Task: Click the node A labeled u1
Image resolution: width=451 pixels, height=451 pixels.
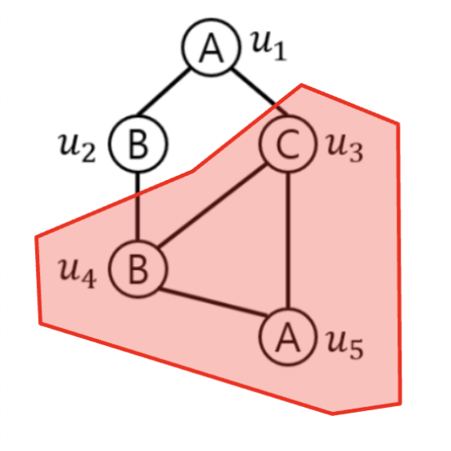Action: click(x=211, y=47)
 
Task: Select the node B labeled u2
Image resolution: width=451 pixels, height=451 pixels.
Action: click(x=138, y=143)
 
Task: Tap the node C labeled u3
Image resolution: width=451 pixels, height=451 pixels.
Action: click(x=288, y=143)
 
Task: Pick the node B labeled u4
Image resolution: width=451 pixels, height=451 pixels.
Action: click(x=138, y=269)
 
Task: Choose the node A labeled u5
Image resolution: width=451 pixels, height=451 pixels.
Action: click(x=288, y=336)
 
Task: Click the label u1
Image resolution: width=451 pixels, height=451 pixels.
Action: click(x=269, y=46)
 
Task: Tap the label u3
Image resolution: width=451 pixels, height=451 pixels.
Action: click(x=344, y=147)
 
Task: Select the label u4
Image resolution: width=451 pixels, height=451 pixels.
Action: click(x=77, y=273)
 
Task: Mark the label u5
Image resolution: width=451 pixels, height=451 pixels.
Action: click(x=345, y=344)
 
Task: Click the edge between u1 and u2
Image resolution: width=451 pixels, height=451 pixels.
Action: click(x=163, y=92)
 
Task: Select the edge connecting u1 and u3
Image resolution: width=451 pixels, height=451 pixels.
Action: click(x=260, y=92)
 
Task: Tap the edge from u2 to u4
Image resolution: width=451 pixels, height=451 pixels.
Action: click(x=138, y=206)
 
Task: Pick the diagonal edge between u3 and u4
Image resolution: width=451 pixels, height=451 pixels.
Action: click(x=212, y=206)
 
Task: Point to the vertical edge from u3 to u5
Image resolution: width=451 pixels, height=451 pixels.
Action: click(x=288, y=240)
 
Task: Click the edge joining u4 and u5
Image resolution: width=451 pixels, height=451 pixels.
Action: click(x=213, y=303)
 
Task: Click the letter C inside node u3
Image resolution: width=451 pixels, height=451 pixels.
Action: click(x=287, y=143)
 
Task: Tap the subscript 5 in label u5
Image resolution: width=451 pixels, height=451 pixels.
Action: click(x=356, y=349)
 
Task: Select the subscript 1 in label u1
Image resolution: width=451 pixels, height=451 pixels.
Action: click(x=280, y=50)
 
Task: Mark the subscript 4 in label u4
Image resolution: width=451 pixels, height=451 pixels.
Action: click(x=89, y=278)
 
